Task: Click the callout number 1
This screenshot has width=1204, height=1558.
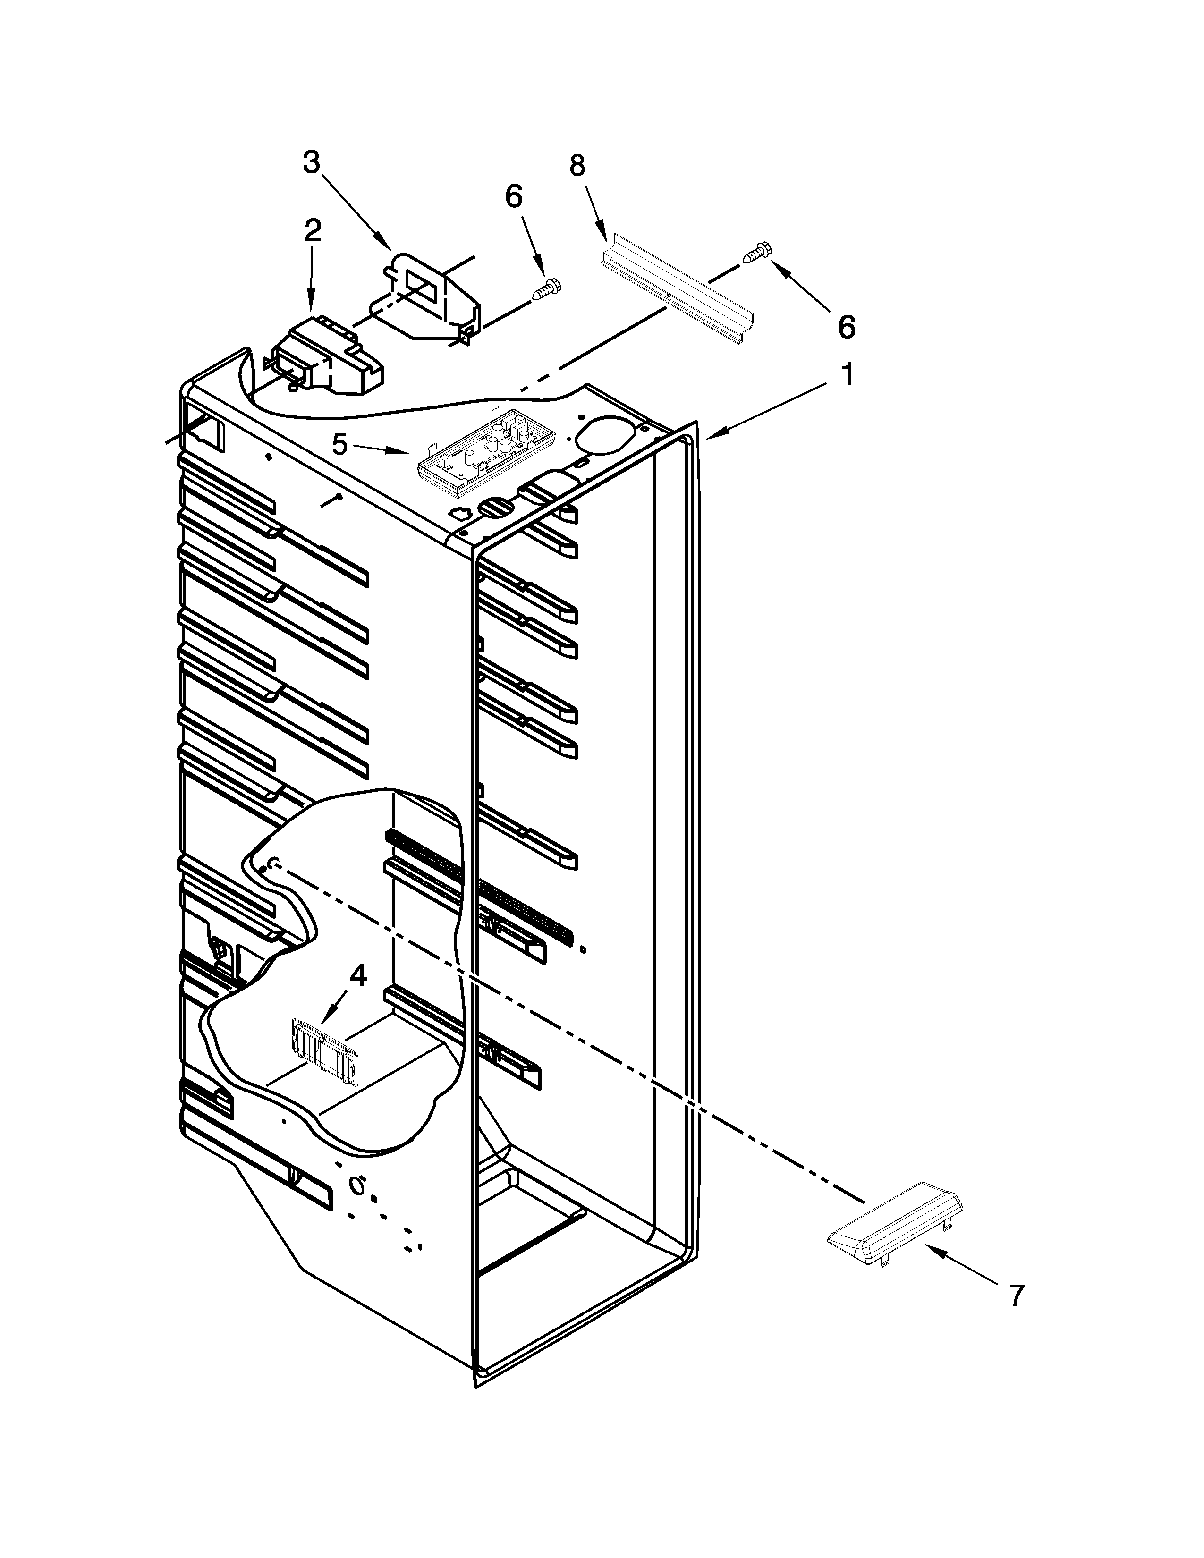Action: click(x=847, y=374)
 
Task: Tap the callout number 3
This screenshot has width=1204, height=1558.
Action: click(x=311, y=163)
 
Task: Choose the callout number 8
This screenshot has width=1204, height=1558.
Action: click(x=577, y=166)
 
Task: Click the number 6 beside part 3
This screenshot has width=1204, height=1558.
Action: click(x=514, y=196)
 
